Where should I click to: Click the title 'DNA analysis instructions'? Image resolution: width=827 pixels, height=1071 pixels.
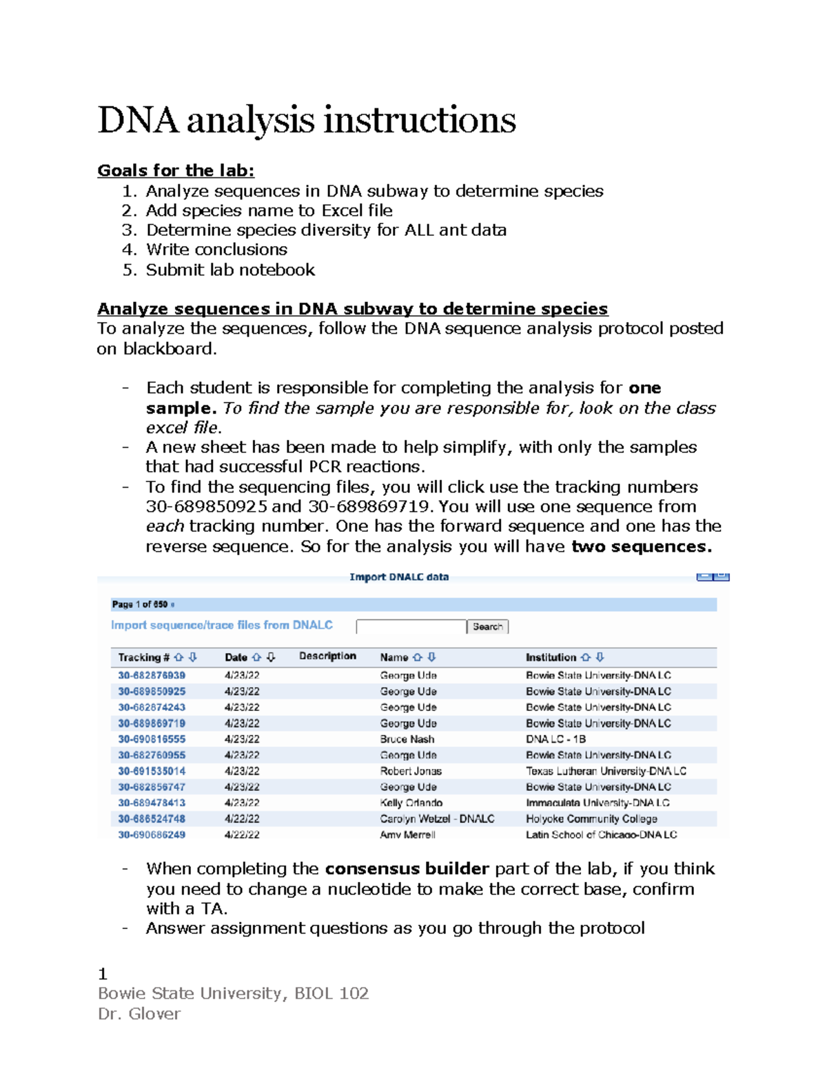click(307, 120)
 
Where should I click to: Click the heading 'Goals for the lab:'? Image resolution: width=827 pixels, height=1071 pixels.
click(176, 170)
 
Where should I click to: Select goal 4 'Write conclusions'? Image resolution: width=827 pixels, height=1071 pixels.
click(216, 250)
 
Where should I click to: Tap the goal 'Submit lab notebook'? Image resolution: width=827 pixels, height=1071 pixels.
click(230, 270)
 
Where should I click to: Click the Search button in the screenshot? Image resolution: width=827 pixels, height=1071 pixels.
click(487, 627)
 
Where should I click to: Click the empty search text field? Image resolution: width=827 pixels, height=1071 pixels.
click(411, 627)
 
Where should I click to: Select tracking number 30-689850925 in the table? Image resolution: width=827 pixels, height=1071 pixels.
click(152, 691)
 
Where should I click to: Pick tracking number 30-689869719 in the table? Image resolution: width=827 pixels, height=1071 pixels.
click(152, 723)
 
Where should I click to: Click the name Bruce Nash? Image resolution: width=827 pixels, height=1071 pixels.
click(407, 739)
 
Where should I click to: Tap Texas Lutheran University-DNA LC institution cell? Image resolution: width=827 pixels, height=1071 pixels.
click(606, 771)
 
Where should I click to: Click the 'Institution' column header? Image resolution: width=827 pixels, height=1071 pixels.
click(551, 658)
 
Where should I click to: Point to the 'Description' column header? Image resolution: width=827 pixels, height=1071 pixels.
click(327, 657)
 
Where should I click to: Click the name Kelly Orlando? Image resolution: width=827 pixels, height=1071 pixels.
click(411, 803)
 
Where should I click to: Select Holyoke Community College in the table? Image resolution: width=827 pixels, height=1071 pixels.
click(591, 819)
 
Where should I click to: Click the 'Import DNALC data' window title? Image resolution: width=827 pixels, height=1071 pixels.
click(399, 577)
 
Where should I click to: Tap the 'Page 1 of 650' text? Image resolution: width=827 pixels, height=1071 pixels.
click(140, 605)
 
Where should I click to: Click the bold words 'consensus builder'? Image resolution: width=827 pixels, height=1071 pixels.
click(407, 868)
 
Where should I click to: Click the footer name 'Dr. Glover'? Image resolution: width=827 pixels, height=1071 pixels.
click(139, 1014)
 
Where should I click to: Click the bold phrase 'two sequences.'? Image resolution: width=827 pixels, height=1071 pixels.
click(642, 547)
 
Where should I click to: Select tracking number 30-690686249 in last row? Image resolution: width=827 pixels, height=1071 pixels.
click(152, 834)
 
